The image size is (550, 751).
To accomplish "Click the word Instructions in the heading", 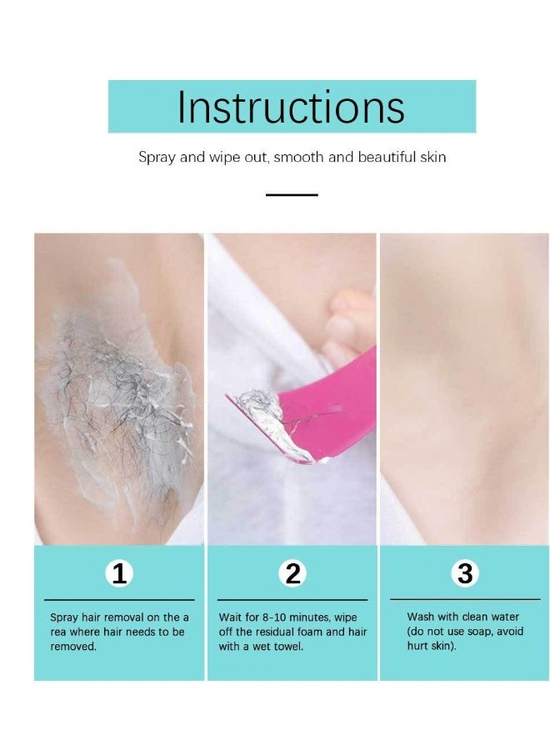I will tap(291, 107).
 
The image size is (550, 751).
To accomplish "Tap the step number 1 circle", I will tap(120, 574).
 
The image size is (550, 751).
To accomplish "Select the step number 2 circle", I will tap(292, 574).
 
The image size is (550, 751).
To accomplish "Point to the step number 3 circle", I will tap(465, 574).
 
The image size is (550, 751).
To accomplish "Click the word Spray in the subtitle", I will tap(157, 158).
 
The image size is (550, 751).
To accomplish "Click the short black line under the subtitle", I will tap(292, 194).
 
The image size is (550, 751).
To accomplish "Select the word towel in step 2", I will tap(287, 647).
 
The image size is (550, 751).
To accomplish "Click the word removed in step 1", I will tap(73, 647).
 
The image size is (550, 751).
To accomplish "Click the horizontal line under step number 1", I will tap(119, 599).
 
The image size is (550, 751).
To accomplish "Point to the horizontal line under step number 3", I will tap(465, 599).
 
